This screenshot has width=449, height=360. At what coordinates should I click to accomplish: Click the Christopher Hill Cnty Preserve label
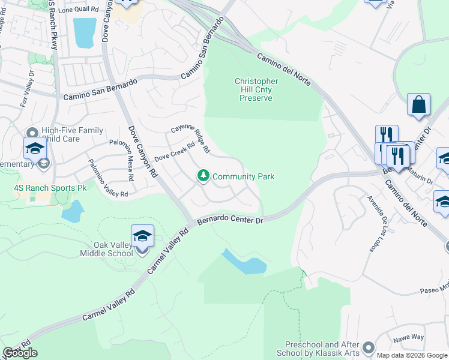pyautogui.click(x=256, y=89)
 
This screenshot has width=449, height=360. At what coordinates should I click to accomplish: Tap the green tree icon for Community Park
pyautogui.click(x=204, y=176)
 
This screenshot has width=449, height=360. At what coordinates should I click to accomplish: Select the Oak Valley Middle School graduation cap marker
pyautogui.click(x=142, y=237)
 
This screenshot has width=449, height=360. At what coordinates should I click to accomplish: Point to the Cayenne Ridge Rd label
pyautogui.click(x=190, y=137)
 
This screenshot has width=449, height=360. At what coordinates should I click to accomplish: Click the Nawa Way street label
pyautogui.click(x=409, y=339)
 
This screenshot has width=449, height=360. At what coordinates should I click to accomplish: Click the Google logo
pyautogui.click(x=20, y=353)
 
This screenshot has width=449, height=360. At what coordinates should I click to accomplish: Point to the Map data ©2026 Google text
pyautogui.click(x=411, y=355)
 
